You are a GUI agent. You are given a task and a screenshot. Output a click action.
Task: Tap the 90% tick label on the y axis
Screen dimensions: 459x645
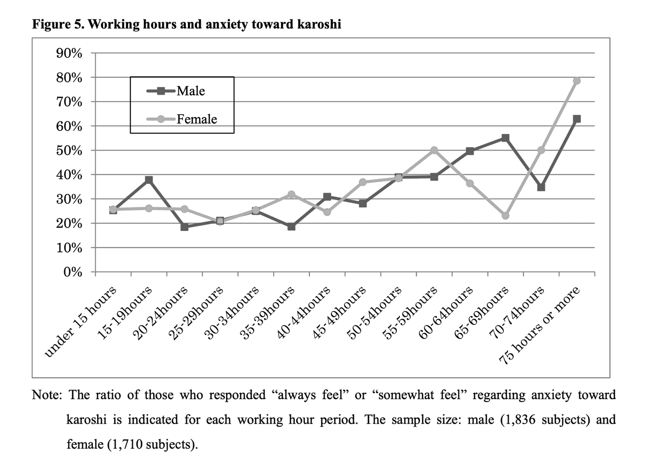point(69,53)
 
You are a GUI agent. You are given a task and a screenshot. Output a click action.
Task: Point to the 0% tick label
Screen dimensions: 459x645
point(73,272)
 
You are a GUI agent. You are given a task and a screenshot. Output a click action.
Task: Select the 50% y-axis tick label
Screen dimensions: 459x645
point(69,151)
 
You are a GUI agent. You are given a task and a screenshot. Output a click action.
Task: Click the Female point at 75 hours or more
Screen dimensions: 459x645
point(577,81)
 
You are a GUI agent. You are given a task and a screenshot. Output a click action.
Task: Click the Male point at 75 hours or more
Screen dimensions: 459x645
point(577,119)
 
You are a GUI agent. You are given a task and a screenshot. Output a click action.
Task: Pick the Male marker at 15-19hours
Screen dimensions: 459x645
point(149,180)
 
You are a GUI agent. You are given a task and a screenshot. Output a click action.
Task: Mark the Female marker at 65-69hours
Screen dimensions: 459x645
point(505,215)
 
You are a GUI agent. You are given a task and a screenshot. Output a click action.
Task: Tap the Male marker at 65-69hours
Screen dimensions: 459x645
point(505,138)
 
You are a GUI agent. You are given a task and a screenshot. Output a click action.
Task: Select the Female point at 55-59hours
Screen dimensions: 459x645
point(434,150)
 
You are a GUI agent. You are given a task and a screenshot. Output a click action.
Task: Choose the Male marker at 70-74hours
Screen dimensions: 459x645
point(541,187)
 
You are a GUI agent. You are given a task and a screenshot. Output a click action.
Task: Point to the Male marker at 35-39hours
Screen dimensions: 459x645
point(291,227)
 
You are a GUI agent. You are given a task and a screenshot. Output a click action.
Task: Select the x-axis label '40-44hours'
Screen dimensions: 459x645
point(304,312)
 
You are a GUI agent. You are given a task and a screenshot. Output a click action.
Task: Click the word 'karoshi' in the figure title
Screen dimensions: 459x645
point(319,24)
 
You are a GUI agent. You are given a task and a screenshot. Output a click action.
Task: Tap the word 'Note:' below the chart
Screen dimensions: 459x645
point(47,395)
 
